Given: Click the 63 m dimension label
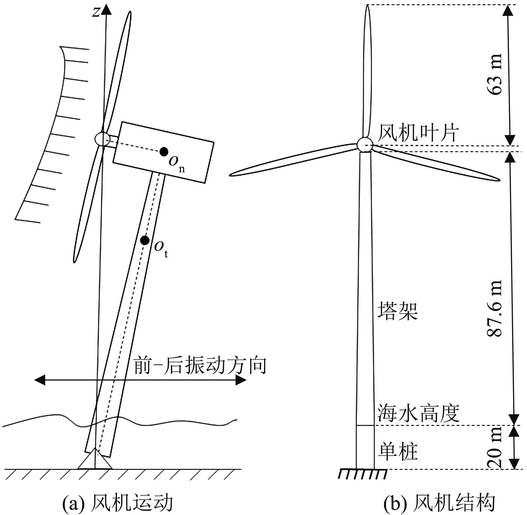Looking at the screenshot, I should pos(495,74).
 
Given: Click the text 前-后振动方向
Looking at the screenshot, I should pos(200,366).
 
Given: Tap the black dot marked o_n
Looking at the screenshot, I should pos(164,151).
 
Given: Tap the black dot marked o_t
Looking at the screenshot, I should pos(144,240).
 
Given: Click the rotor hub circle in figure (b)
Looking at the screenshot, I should pos(365,144).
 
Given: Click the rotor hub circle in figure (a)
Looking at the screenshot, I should pos(102,139).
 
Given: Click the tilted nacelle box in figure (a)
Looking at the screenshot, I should pos(163,152).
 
